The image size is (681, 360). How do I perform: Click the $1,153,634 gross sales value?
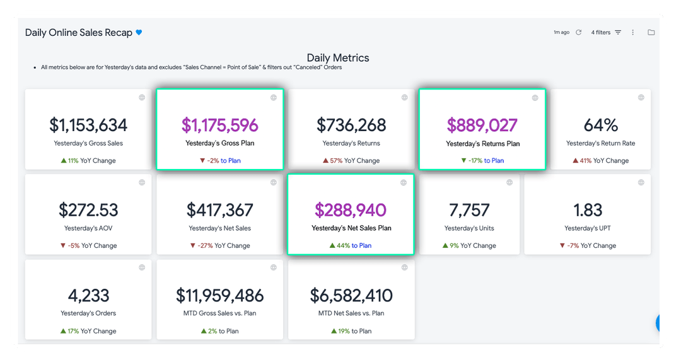[88, 125]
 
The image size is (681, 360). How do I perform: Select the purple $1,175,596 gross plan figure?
[220, 125]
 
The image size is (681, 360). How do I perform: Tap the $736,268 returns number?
[351, 125]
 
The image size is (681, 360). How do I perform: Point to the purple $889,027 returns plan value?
[482, 125]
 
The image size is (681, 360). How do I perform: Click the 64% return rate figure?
[601, 125]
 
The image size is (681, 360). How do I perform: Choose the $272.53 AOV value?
[88, 210]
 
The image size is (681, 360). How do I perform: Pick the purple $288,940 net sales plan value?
[351, 210]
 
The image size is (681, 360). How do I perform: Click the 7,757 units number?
[469, 210]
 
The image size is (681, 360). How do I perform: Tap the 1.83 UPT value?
[588, 210]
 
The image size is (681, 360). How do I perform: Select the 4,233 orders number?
[88, 296]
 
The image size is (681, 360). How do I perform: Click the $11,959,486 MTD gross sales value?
[220, 296]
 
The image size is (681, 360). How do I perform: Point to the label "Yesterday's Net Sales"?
[220, 228]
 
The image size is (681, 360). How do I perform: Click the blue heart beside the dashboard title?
[139, 32]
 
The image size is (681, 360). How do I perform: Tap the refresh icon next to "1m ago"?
[578, 32]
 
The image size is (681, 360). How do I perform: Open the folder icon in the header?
[651, 32]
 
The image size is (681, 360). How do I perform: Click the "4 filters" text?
[601, 32]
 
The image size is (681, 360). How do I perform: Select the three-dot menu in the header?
[633, 32]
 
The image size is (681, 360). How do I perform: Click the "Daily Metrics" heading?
[338, 58]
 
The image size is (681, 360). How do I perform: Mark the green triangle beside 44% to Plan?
[332, 245]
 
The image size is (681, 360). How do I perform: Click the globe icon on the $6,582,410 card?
[404, 267]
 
